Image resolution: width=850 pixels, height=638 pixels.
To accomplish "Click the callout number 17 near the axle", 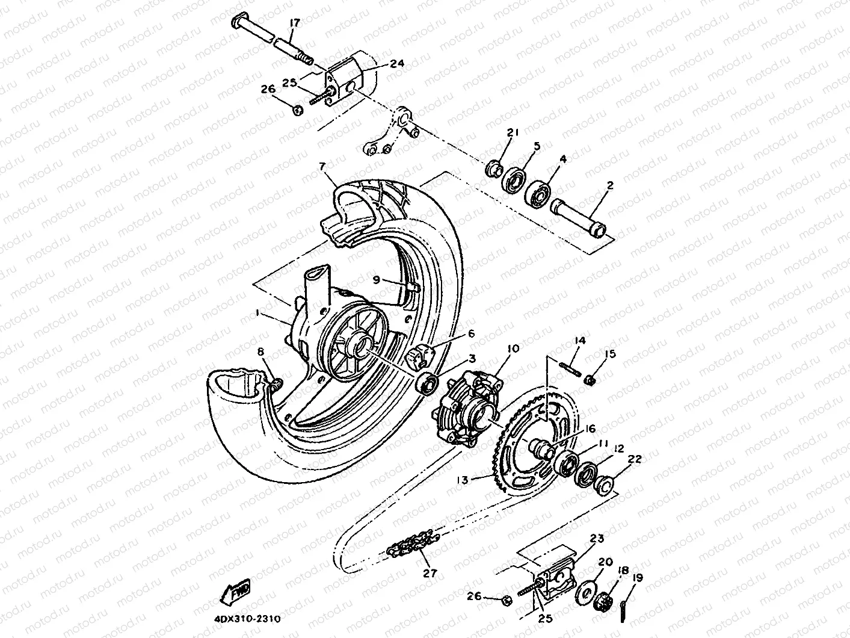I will [x=294, y=23].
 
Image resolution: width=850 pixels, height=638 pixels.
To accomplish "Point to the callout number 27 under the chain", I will [x=430, y=573].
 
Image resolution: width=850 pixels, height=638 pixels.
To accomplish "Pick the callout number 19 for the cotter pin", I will [x=637, y=578].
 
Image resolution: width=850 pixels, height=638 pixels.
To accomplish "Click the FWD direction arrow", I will [x=235, y=593].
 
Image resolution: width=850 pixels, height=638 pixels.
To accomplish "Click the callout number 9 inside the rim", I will [x=376, y=279].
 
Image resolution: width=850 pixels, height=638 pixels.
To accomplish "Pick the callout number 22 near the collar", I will [x=635, y=459].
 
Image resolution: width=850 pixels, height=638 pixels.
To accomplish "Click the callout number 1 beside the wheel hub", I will [x=257, y=313].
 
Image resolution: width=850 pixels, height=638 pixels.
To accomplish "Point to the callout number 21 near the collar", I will [x=512, y=133].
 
